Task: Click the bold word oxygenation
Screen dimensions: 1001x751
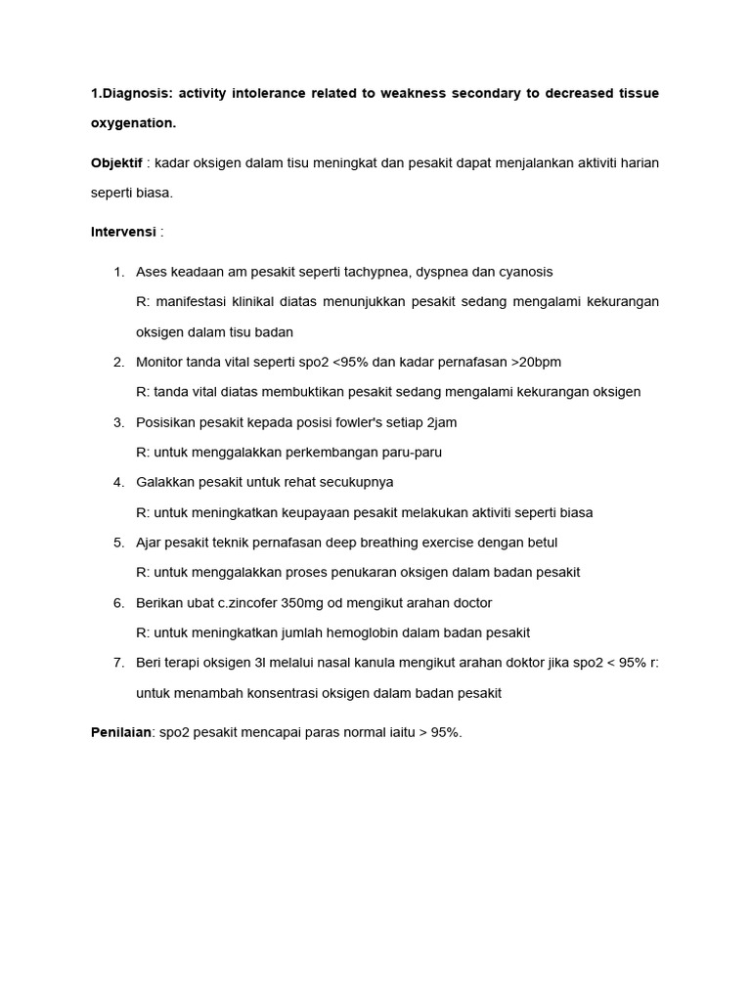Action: [x=134, y=123]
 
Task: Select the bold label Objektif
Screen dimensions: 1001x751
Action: [x=116, y=162]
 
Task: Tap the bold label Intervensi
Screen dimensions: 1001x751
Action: [x=123, y=232]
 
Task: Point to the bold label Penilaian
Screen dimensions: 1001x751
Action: [x=120, y=731]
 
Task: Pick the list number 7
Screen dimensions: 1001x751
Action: [x=118, y=663]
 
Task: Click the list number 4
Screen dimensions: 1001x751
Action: [x=118, y=482]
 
